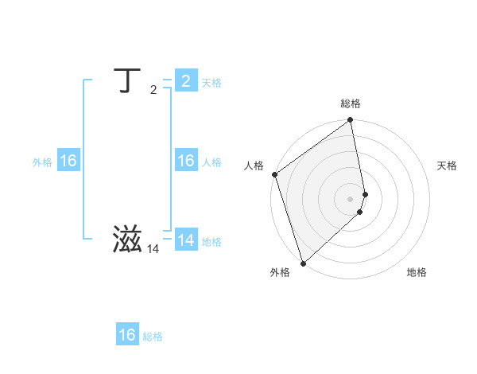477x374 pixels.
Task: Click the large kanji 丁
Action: pos(126,81)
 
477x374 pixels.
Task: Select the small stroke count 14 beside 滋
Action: pos(153,249)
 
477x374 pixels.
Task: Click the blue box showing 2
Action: pos(185,81)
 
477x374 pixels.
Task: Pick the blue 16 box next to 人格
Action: pos(185,161)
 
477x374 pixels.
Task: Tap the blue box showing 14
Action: pos(185,240)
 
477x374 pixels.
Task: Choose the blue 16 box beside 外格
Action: pos(68,161)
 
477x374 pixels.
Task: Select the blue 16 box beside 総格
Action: pos(127,335)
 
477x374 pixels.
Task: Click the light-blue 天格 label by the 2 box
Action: pos(211,83)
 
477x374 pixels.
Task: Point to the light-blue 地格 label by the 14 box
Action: pos(211,242)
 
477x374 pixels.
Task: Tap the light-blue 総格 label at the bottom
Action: pos(153,337)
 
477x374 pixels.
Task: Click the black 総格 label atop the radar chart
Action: pos(351,103)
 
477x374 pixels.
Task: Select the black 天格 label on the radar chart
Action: pos(448,166)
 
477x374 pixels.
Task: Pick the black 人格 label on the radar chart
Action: pos(254,166)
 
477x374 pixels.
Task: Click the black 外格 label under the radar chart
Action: pos(279,272)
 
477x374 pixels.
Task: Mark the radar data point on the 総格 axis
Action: pos(351,121)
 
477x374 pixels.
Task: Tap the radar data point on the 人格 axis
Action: pos(274,174)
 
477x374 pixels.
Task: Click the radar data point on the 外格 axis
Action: pos(303,263)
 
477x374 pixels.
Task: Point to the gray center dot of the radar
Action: pos(351,199)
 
